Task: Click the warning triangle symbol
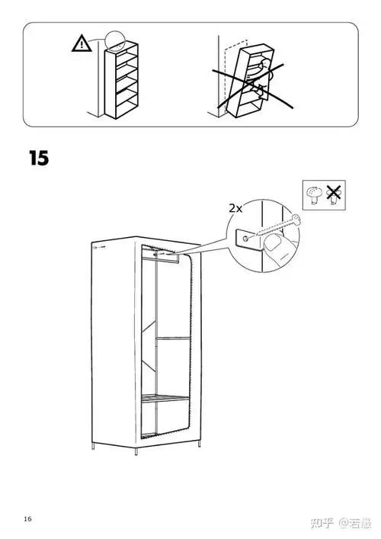coord(82,44)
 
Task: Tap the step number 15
coord(39,158)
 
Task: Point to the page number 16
coord(27,518)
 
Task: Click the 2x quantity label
coord(235,208)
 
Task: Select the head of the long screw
coord(296,219)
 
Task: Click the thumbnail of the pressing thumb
coord(274,243)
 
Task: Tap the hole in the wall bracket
coord(245,238)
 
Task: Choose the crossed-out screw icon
coord(333,194)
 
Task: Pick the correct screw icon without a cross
coord(314,195)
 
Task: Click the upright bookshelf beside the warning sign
coord(122,81)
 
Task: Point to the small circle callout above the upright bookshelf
coord(114,40)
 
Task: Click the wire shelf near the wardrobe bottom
coord(165,398)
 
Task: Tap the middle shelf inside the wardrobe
coord(173,338)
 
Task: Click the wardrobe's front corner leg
coord(136,451)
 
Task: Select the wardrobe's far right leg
coord(199,444)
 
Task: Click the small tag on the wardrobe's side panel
coord(98,246)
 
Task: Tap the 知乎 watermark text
coord(322,524)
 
